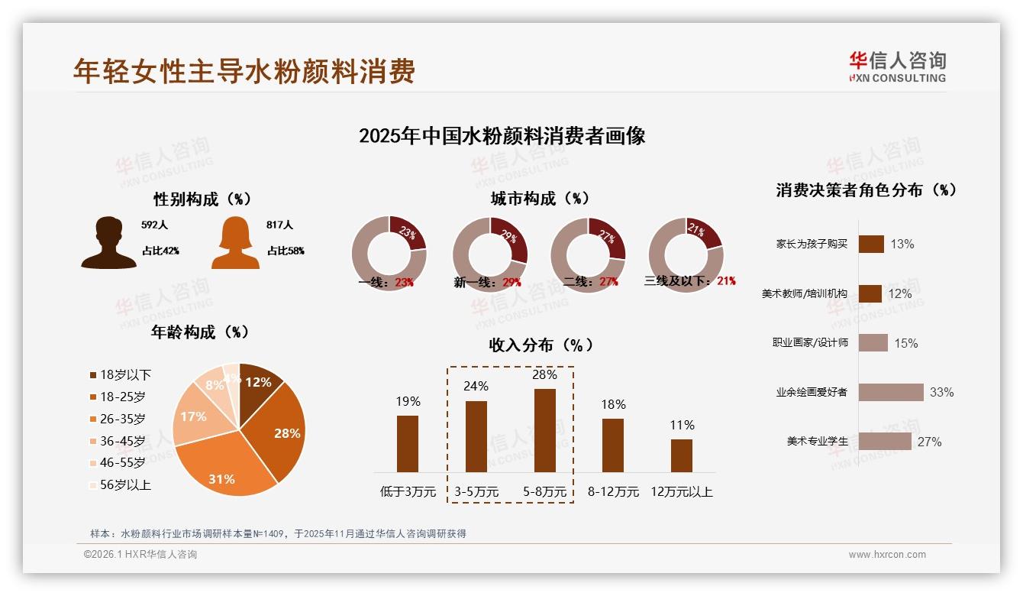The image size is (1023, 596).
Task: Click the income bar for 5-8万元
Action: point(544,430)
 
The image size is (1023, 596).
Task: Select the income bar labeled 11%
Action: point(681,455)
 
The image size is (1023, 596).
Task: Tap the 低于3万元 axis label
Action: point(408,492)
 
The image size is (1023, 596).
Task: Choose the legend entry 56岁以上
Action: point(120,484)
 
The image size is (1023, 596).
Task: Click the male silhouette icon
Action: point(108,242)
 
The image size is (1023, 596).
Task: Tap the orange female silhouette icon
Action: point(235,242)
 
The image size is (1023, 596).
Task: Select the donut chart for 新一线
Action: point(489,254)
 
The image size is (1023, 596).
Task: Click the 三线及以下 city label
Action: point(677,281)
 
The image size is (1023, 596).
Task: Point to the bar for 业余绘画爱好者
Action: point(890,392)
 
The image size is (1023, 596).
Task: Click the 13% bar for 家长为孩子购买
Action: point(871,244)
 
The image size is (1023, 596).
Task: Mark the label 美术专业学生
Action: point(817,442)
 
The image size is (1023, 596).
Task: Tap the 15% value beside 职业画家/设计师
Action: point(905,343)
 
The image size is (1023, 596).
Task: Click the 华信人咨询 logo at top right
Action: point(897,66)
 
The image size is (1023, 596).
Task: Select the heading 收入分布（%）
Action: point(541,345)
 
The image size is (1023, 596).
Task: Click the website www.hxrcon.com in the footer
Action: point(887,555)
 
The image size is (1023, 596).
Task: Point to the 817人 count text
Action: point(279,225)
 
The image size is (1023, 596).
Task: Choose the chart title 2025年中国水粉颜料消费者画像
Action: point(502,136)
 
